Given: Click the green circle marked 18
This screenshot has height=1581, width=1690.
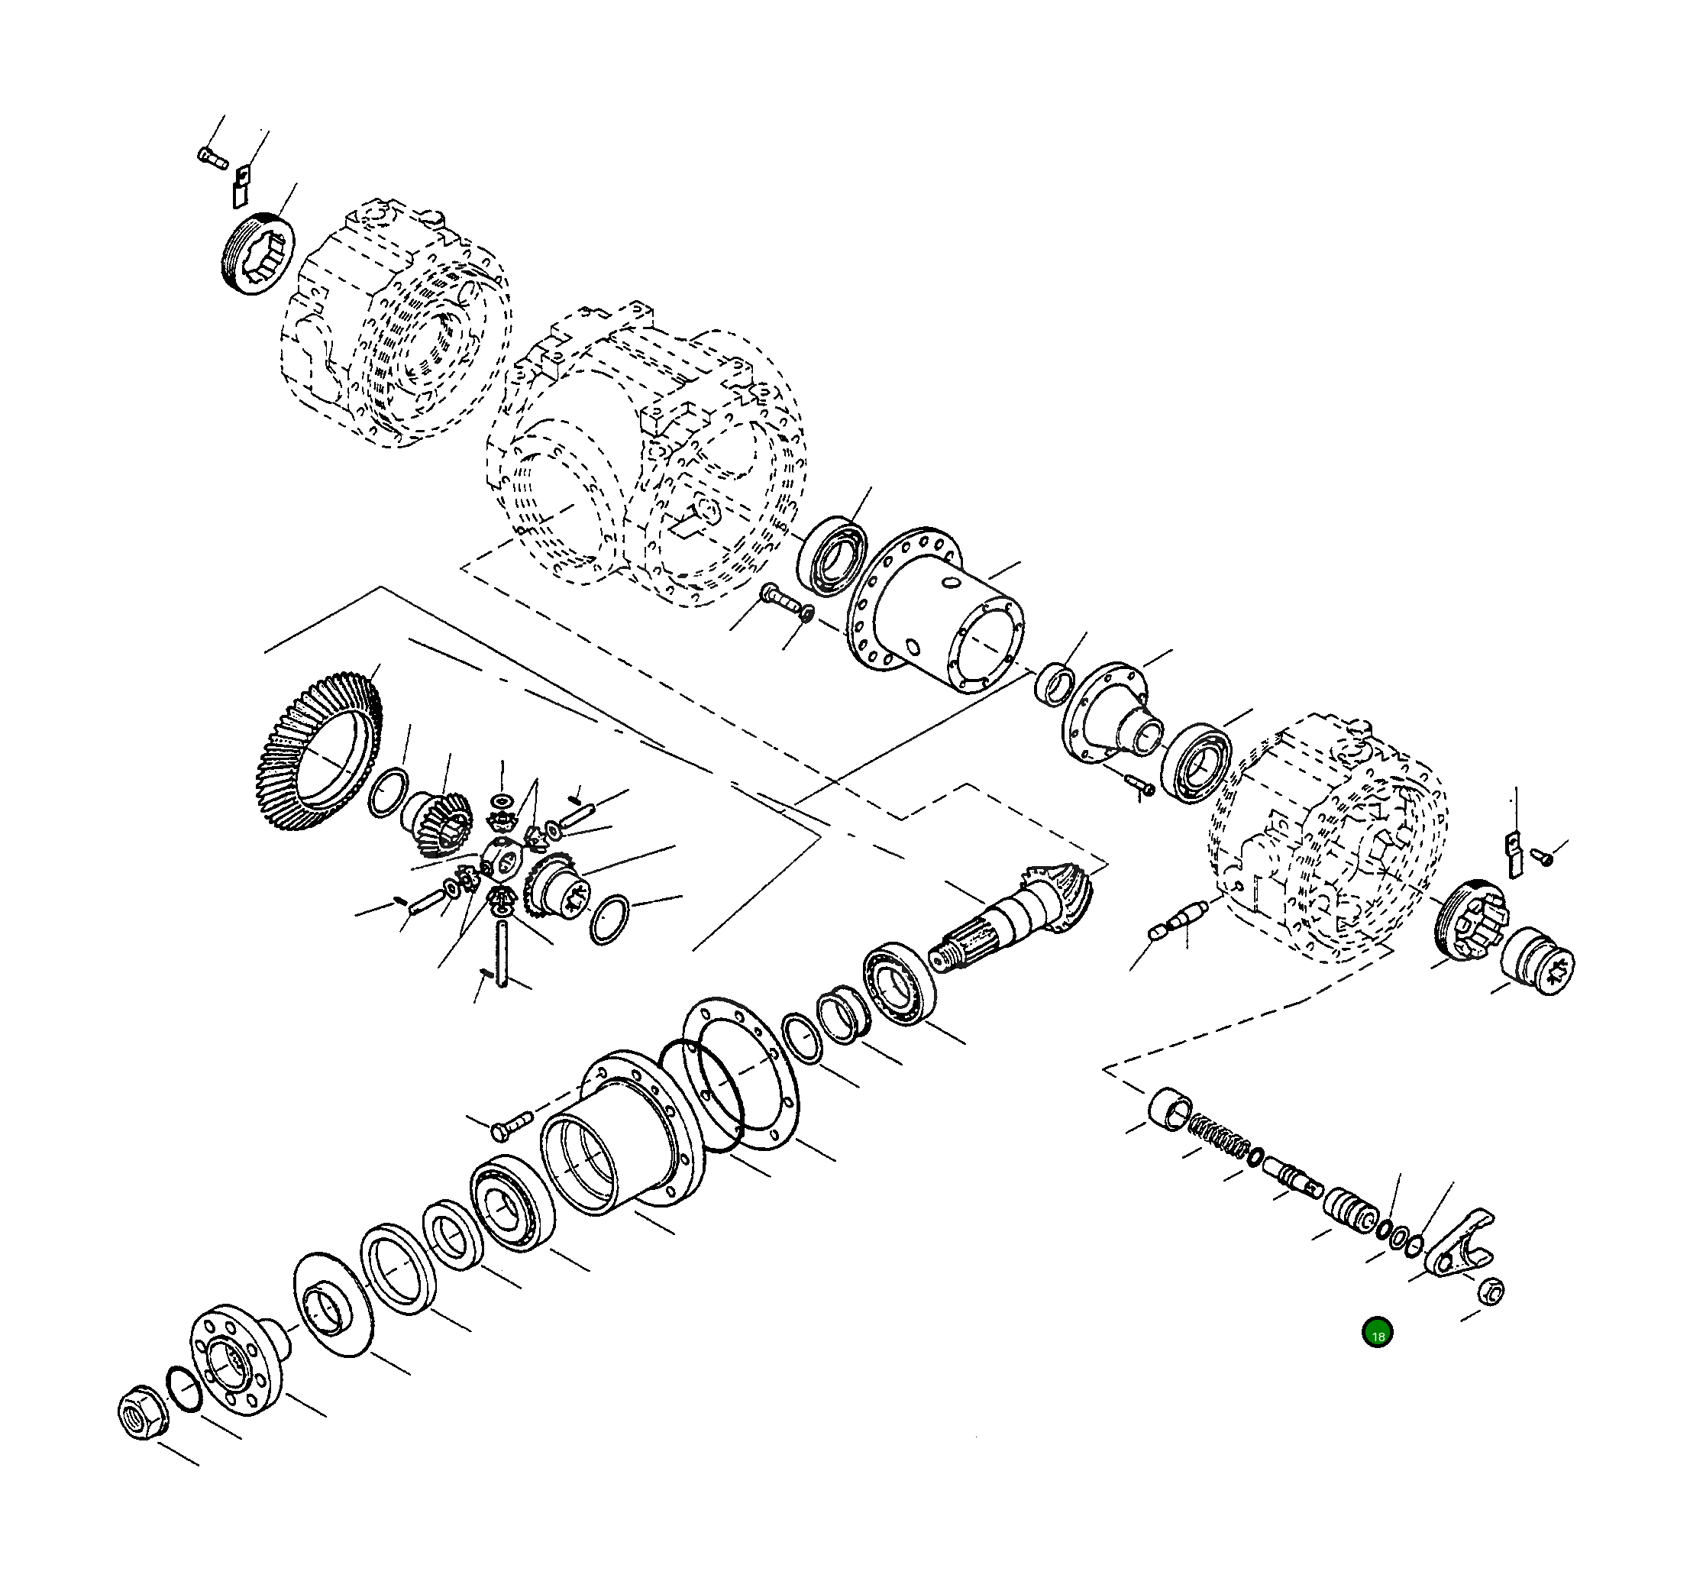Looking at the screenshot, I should (1377, 1333).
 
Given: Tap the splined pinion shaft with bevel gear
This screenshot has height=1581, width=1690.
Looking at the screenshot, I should (1012, 923).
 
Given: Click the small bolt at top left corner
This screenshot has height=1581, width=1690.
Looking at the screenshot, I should (212, 157).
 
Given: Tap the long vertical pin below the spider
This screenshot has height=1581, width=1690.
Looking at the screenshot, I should (502, 952).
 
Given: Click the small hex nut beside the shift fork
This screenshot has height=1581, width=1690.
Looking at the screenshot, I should (1491, 1290).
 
